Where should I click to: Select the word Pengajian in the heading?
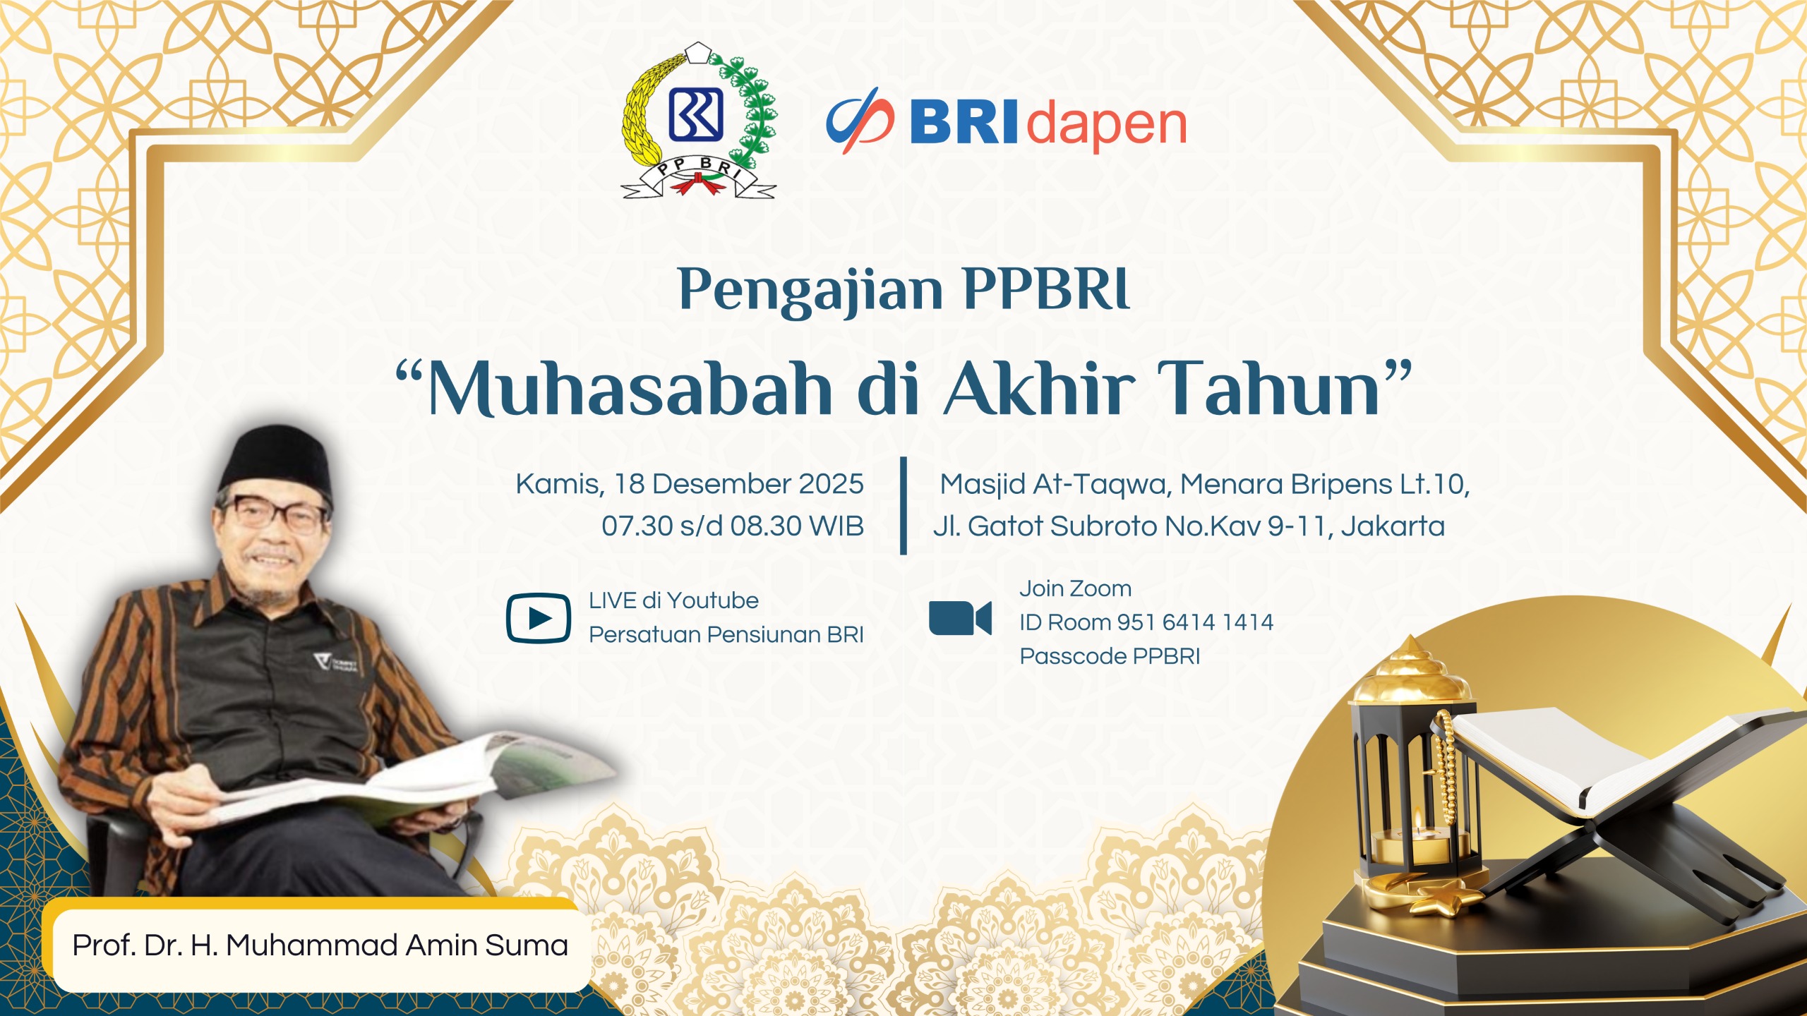pos(810,291)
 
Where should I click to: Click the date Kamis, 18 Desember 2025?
pos(690,484)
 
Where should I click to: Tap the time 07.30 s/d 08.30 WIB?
pos(733,526)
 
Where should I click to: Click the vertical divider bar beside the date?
pos(903,506)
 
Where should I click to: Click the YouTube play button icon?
pos(539,618)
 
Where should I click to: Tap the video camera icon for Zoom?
pos(960,618)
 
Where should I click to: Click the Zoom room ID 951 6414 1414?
pos(1195,622)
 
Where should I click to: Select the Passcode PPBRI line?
pos(1110,656)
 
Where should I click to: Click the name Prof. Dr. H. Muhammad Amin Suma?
pos(320,945)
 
